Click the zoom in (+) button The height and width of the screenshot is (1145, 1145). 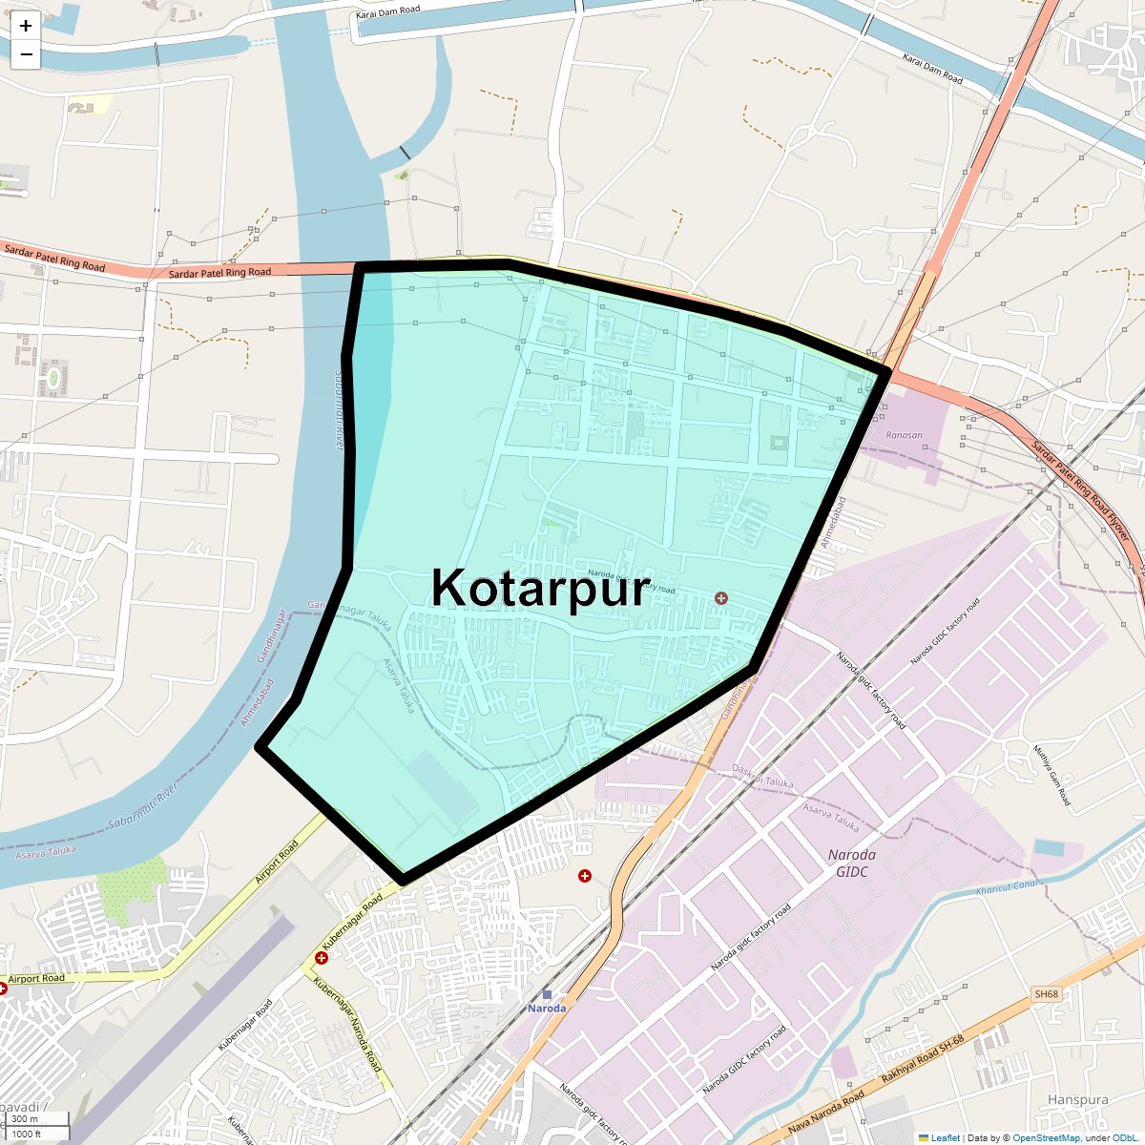tap(26, 26)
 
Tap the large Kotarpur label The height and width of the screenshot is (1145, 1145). tap(540, 588)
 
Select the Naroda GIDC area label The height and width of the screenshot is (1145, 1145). tap(851, 863)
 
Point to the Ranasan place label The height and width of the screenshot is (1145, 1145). tap(904, 435)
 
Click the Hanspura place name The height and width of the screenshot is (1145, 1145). tap(1077, 1100)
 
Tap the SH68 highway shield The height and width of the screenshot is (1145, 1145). tap(1046, 994)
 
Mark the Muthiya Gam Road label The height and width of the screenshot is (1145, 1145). tap(1052, 775)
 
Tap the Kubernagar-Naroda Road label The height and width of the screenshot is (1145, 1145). tap(347, 1024)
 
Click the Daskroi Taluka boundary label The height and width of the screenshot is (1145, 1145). tap(762, 776)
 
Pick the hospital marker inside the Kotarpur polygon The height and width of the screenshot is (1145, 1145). tap(721, 598)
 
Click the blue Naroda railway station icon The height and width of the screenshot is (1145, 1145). tap(547, 994)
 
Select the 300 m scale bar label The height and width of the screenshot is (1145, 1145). tap(26, 1119)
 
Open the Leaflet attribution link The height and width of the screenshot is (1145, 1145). tap(945, 1137)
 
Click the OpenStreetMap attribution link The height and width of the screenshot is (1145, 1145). tap(1046, 1137)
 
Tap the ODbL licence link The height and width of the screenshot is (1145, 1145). tap(1123, 1137)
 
